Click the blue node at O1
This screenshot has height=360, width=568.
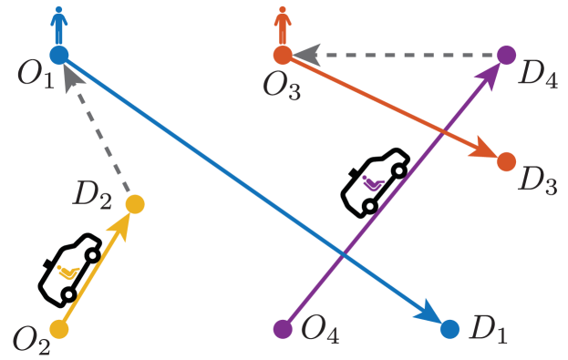click(x=59, y=55)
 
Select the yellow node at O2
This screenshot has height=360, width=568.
click(x=59, y=328)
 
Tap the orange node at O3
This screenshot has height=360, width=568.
click(x=283, y=56)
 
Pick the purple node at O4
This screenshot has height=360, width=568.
click(x=283, y=328)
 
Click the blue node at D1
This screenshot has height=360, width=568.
click(x=449, y=328)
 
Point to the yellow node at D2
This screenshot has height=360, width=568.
click(x=135, y=204)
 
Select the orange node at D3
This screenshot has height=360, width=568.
click(x=506, y=162)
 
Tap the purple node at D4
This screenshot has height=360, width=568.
click(x=507, y=55)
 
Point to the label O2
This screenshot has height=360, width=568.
click(x=31, y=339)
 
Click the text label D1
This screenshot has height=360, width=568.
click(x=489, y=330)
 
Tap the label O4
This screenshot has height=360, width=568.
click(x=320, y=330)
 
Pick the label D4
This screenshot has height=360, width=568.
click(x=537, y=72)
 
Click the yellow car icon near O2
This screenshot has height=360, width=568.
click(x=66, y=271)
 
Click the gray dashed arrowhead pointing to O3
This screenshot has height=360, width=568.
click(x=306, y=56)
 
